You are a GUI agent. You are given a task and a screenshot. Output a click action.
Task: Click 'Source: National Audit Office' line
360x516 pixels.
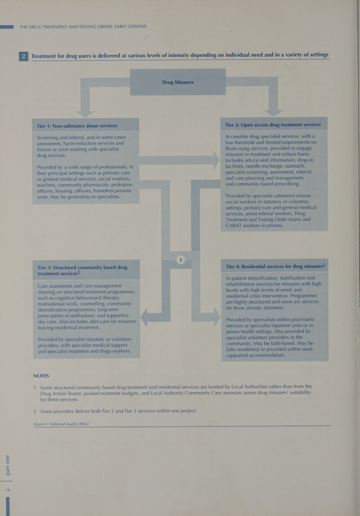point(61,424)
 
